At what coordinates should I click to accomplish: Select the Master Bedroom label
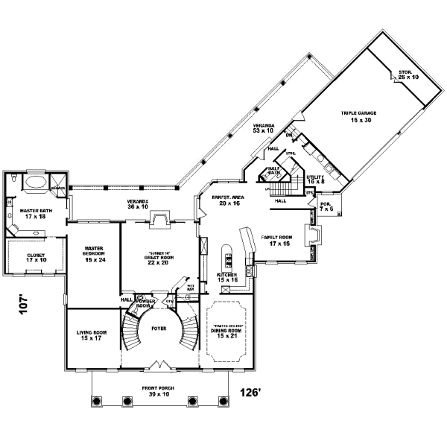[x=93, y=251]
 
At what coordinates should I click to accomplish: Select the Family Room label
[x=276, y=240]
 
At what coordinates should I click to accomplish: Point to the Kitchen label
[x=227, y=277]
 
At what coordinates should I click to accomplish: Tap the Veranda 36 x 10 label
[x=137, y=204]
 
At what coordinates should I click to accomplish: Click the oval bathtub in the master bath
[x=34, y=181]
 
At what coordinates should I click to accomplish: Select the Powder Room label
[x=145, y=304]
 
